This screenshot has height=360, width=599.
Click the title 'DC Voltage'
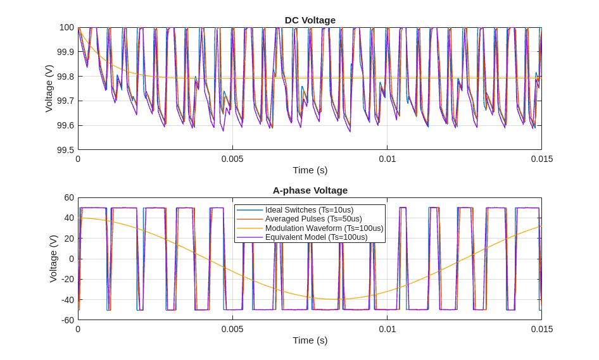[x=310, y=20]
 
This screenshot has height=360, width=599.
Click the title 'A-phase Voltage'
[x=310, y=190]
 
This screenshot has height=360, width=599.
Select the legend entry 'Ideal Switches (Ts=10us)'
[x=309, y=210]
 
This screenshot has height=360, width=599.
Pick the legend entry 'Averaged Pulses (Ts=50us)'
[x=313, y=219]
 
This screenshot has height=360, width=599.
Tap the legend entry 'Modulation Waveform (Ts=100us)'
[x=324, y=228]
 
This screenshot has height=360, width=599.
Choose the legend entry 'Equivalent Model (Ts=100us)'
[x=316, y=237]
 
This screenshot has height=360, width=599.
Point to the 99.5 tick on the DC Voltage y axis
[x=65, y=150]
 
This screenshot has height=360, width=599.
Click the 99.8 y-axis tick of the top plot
[x=65, y=77]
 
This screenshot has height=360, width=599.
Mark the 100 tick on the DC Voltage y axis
[x=66, y=27]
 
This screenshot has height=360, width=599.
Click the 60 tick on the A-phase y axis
[x=69, y=197]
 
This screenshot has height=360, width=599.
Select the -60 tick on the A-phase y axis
[x=67, y=320]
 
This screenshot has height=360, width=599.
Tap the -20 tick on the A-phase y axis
[x=67, y=279]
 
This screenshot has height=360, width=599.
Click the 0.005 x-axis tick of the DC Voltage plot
[x=232, y=159]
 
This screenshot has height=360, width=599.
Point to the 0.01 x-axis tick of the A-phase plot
[x=387, y=329]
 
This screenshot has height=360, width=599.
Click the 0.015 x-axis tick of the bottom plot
[x=541, y=329]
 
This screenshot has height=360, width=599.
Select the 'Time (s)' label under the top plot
[x=310, y=170]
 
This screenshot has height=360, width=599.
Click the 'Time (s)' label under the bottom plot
[x=310, y=340]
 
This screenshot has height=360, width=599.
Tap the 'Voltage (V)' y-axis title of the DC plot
[x=49, y=89]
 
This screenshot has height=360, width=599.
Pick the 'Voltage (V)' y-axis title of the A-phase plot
[x=53, y=259]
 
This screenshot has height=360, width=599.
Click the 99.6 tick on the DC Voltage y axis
[x=65, y=125]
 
